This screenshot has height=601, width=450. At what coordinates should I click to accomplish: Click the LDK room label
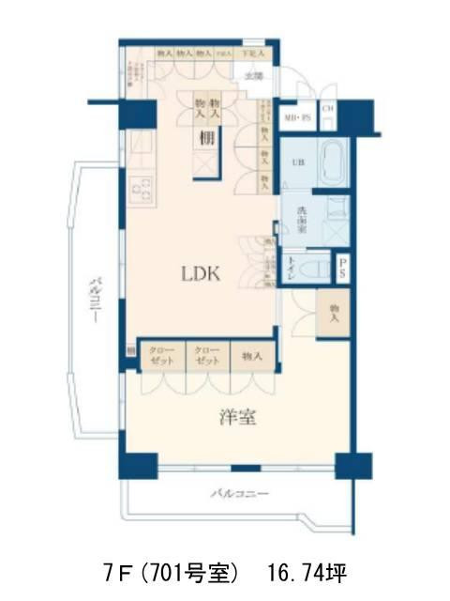click(x=200, y=274)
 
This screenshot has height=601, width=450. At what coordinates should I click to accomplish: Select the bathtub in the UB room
click(x=332, y=163)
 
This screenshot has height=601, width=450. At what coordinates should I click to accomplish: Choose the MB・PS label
click(x=299, y=117)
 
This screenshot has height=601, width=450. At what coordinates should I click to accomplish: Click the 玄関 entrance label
click(x=253, y=75)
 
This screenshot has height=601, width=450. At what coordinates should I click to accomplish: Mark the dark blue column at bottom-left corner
click(x=137, y=465)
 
